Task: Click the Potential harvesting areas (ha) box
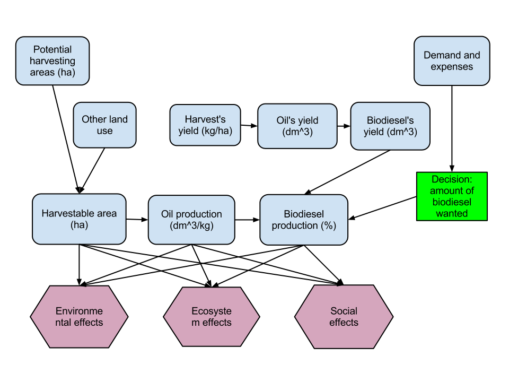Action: click(52, 60)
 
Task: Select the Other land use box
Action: click(104, 125)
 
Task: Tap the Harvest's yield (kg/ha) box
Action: click(205, 125)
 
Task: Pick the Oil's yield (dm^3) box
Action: click(297, 126)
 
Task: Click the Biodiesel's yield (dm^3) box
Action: click(390, 126)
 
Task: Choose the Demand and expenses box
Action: click(452, 60)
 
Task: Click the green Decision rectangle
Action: click(452, 196)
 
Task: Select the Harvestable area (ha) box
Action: click(79, 219)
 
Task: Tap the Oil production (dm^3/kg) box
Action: click(191, 220)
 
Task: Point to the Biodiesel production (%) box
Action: click(304, 220)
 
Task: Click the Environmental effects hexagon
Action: click(79, 317)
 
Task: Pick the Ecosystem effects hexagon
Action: click(212, 317)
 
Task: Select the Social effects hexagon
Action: click(344, 317)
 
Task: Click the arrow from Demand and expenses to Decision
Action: click(452, 128)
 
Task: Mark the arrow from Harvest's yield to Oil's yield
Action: click(249, 126)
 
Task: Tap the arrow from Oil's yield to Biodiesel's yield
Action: click(344, 126)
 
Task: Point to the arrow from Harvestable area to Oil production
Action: click(137, 220)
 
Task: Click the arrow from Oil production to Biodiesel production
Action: click(248, 220)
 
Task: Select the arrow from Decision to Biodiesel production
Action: click(382, 208)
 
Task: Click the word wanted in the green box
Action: click(452, 213)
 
